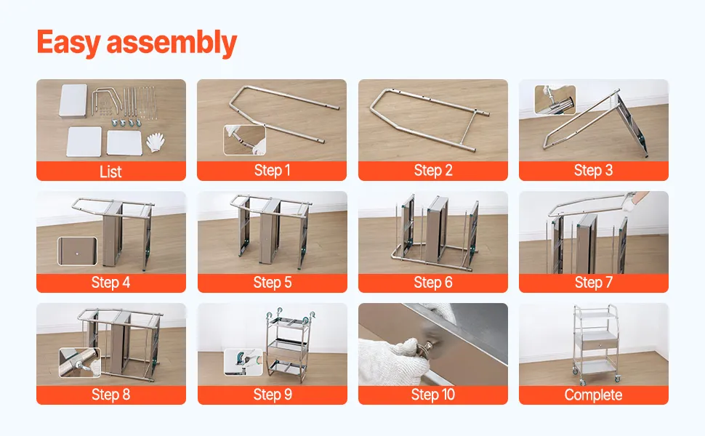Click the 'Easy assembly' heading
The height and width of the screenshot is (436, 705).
(137, 43)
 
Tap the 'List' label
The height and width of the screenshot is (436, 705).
(110, 171)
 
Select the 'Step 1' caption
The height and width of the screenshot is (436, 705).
(272, 170)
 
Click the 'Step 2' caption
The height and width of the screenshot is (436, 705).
(433, 170)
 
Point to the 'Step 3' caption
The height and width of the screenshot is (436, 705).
(594, 170)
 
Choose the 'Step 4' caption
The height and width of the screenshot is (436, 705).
(110, 282)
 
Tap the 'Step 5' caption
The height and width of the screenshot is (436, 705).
(273, 282)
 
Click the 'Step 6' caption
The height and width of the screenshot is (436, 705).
(433, 282)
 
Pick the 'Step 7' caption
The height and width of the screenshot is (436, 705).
(594, 282)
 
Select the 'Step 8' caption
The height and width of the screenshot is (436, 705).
(110, 394)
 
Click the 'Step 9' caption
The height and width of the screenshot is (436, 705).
(273, 394)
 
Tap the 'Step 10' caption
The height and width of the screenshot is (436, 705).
(433, 394)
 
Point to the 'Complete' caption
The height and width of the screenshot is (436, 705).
(594, 395)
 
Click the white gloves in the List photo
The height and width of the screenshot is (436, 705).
(156, 142)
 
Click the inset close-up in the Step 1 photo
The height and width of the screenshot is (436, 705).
(245, 140)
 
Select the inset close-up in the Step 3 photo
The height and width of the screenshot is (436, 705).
(555, 100)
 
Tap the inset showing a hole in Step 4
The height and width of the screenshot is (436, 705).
(77, 251)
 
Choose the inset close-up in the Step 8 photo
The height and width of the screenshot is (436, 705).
(80, 363)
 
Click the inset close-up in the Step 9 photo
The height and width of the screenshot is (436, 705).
(243, 362)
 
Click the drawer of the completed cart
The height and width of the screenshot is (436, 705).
(595, 340)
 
